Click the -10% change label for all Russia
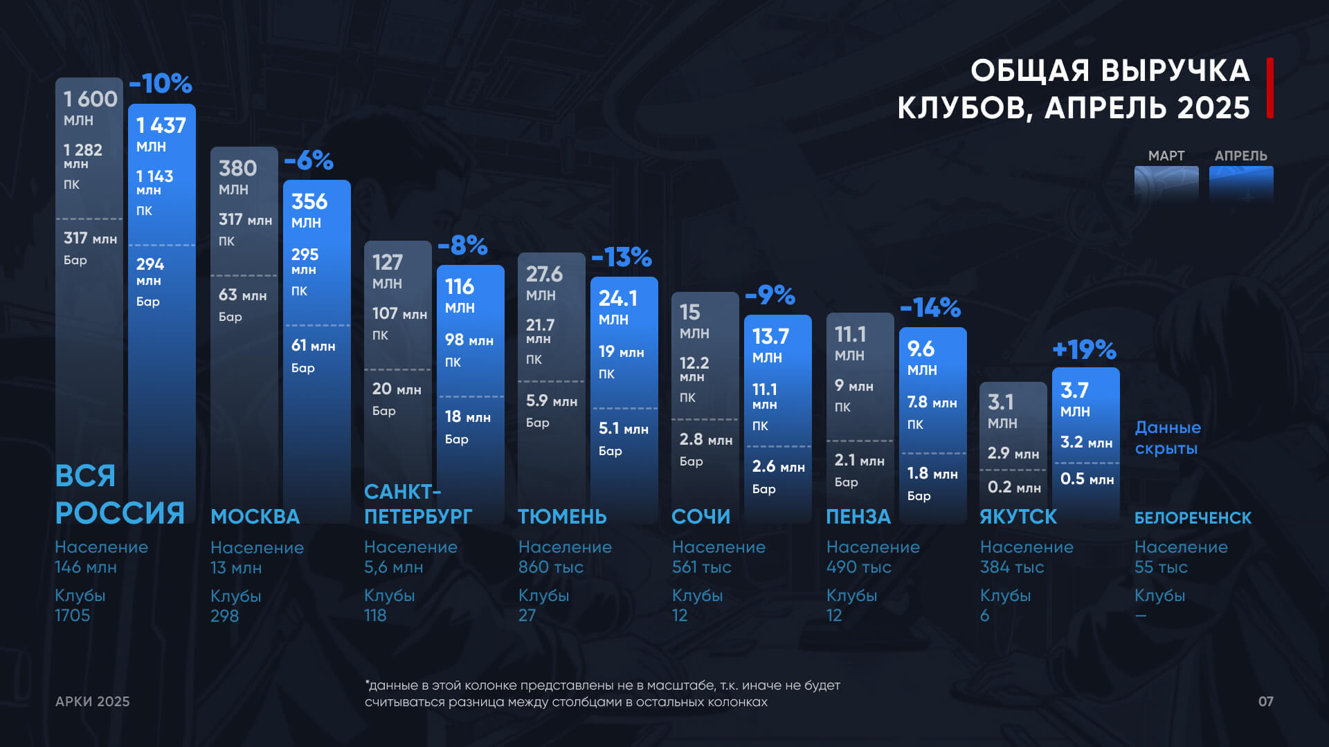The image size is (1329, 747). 161,84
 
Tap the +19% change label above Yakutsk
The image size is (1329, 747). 1084,350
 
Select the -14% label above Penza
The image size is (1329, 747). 930,308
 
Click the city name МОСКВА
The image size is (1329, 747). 255,517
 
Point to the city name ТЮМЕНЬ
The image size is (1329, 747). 562,517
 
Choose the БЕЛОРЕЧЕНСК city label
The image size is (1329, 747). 1193,518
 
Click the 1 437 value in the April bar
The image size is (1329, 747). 161,126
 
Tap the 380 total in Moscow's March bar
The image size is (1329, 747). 237,168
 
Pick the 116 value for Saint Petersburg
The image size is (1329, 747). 459,286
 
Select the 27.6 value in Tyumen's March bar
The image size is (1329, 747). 544,275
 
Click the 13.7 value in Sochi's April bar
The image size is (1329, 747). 770,337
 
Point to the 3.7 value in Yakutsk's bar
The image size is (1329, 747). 1074,391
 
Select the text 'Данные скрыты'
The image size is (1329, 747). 1168,438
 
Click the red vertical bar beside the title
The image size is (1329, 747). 1270,88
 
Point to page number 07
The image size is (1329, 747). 1265,701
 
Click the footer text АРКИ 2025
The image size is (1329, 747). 93,701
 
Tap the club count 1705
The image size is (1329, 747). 73,616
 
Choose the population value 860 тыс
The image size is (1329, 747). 550,567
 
